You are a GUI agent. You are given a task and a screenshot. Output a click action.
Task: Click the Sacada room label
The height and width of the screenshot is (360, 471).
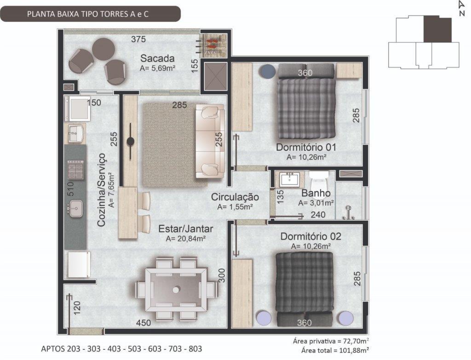[157, 58]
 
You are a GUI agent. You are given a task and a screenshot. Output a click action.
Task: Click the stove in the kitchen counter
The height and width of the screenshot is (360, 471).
[75, 170]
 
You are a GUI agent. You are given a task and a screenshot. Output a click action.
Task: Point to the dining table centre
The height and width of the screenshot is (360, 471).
[176, 290]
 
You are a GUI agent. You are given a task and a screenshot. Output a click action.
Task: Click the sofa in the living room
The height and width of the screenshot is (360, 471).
[210, 141]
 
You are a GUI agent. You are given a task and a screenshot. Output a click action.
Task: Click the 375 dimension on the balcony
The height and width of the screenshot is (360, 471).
[138, 39]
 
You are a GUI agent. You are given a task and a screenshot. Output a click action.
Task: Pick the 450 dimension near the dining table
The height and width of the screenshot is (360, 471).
[144, 323]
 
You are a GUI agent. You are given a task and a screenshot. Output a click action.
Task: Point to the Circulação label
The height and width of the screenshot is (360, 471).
[235, 197]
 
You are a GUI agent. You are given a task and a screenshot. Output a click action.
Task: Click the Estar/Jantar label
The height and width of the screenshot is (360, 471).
[186, 229]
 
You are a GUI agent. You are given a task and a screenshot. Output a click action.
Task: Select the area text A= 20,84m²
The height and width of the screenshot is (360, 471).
[186, 239]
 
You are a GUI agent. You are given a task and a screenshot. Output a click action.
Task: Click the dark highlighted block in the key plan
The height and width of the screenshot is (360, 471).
[437, 29]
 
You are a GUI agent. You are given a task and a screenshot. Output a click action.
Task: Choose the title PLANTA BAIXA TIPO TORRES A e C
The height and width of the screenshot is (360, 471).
[88, 14]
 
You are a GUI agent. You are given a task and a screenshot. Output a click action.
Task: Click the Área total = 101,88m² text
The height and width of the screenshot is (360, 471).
[335, 350]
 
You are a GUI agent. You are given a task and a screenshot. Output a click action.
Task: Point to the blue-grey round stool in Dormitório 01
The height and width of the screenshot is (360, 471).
[268, 71]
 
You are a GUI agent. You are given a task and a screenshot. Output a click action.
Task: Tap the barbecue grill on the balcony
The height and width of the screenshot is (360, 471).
[213, 45]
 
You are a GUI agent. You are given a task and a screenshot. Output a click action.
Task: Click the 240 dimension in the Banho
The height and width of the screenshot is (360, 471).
[318, 215]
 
